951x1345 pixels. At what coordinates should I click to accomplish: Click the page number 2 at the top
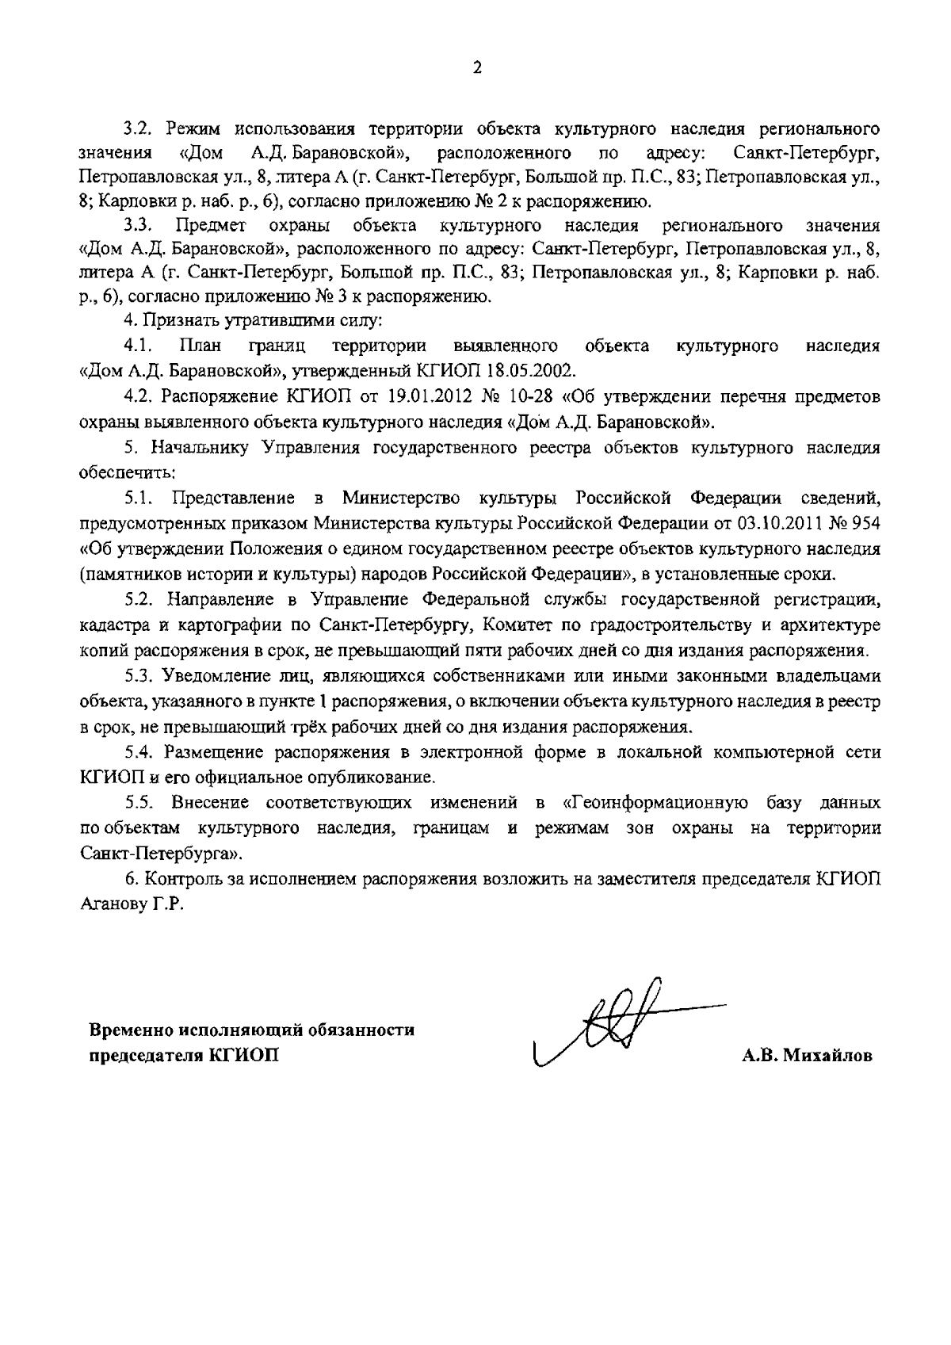[x=476, y=69]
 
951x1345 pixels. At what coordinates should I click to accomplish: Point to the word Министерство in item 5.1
[x=401, y=498]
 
